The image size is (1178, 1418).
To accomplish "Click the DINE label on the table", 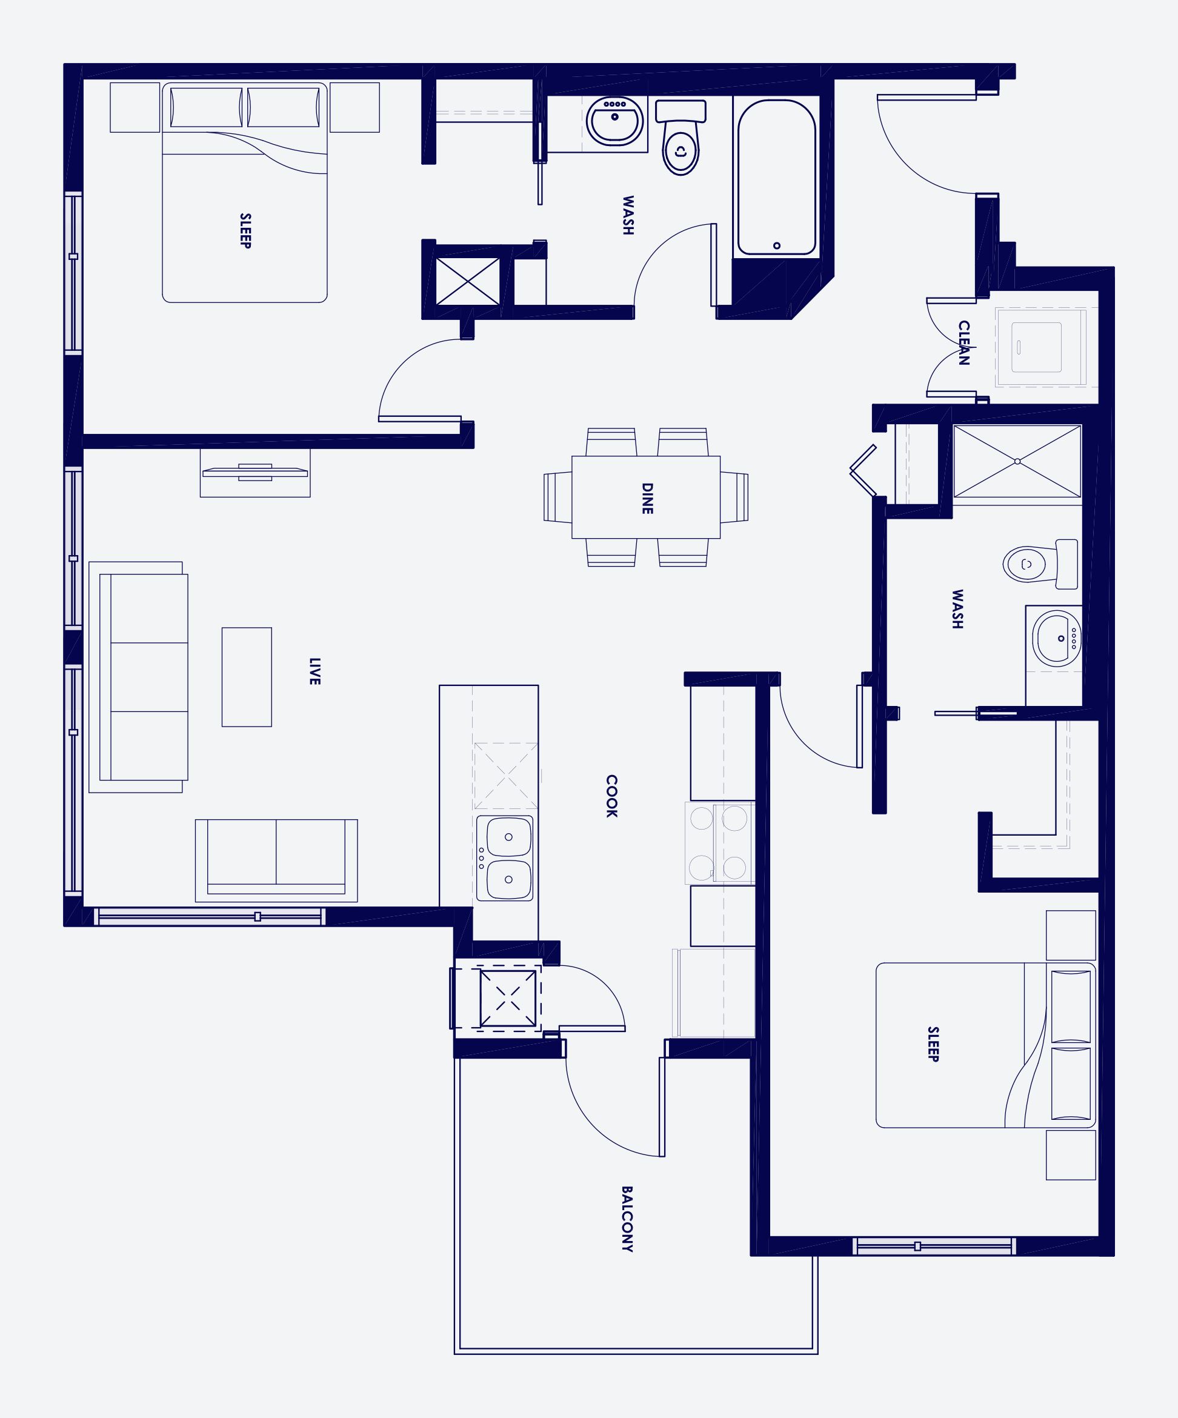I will click(647, 498).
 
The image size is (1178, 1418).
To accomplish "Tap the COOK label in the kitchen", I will click(611, 796).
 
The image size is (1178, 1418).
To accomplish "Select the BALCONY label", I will click(627, 1219).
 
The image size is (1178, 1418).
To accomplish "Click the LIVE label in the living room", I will click(314, 671).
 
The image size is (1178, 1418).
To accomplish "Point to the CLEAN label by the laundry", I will click(964, 343).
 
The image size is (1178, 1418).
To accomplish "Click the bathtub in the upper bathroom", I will click(776, 177).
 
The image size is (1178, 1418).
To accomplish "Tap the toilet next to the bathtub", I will click(681, 138).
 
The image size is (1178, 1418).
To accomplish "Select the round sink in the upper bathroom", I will click(614, 122).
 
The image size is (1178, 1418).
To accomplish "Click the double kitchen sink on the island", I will click(504, 858).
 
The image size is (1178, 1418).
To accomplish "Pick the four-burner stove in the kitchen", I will click(719, 843).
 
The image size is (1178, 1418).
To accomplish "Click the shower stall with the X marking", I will click(1017, 462).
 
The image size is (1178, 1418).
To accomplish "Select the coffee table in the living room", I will click(247, 677).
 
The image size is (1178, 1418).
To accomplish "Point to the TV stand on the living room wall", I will click(255, 473).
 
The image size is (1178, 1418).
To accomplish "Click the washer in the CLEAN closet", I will click(1036, 347).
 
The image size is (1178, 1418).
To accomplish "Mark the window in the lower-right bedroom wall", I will click(934, 1246).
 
